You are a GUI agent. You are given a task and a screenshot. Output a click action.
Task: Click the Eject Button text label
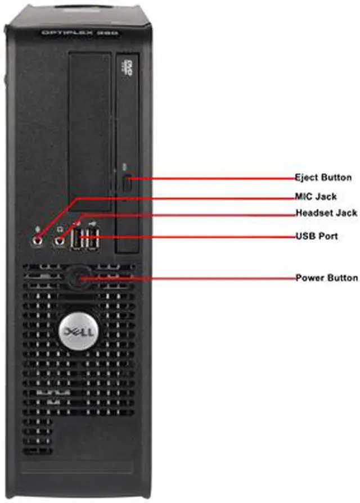coord(323,178)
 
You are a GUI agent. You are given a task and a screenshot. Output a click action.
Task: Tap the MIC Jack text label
coord(316,197)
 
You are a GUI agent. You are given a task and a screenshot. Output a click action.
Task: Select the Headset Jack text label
coord(326,213)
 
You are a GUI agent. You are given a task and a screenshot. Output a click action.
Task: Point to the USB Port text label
coord(317,236)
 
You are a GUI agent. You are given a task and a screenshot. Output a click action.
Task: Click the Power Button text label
coord(326,278)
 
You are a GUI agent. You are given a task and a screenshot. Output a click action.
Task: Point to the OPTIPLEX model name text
coord(79,33)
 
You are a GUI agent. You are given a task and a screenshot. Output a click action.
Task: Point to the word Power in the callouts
coord(308,278)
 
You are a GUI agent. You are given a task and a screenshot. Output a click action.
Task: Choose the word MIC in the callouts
coord(304,197)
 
